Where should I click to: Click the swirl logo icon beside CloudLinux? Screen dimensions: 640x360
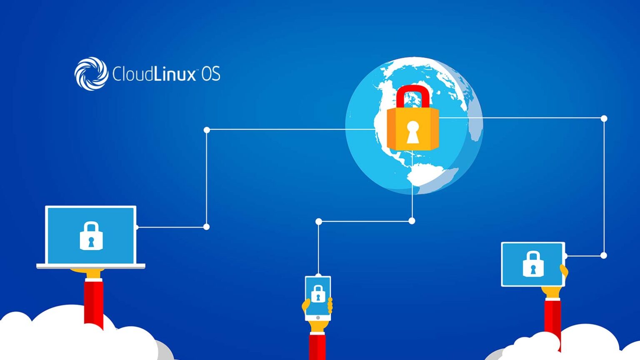[91, 74]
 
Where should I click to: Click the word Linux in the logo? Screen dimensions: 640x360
[175, 73]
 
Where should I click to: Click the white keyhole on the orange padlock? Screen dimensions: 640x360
[412, 132]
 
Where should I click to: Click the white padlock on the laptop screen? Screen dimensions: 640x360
[91, 236]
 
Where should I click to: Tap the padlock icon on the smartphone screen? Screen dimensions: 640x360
[318, 293]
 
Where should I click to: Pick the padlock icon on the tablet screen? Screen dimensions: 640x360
[533, 264]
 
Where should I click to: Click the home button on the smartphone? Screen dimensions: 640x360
[318, 318]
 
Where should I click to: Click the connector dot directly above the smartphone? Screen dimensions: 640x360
[319, 221]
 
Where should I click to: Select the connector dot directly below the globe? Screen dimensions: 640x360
[412, 221]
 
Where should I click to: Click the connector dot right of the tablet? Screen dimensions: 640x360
[604, 255]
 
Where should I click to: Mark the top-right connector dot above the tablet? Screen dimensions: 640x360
[604, 118]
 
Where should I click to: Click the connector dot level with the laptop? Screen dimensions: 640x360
[206, 227]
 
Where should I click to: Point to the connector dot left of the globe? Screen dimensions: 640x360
[207, 130]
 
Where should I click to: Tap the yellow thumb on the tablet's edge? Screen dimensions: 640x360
[564, 271]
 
